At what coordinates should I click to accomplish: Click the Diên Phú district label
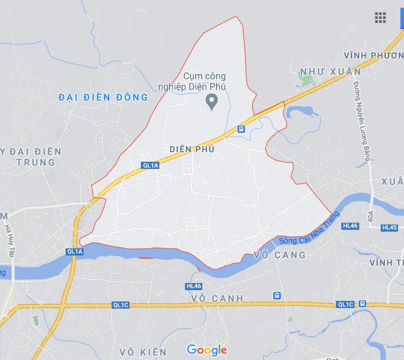coord(191,149)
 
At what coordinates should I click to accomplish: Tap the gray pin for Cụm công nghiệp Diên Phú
coord(211,101)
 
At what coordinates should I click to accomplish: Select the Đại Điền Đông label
coord(103,97)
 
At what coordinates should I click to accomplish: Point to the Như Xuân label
coord(330,72)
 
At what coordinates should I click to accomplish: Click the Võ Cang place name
coord(279,255)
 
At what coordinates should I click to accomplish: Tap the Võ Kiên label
coord(143,352)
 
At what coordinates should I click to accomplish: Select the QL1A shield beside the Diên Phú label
coord(150,165)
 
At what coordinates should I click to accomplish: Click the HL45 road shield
coord(389,227)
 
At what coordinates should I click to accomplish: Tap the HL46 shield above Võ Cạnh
coord(194,286)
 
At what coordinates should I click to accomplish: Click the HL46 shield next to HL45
coord(350,226)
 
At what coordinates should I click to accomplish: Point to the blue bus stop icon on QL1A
coord(241,129)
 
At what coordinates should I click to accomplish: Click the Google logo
coord(207,350)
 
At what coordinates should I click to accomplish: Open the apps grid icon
coord(380,17)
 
